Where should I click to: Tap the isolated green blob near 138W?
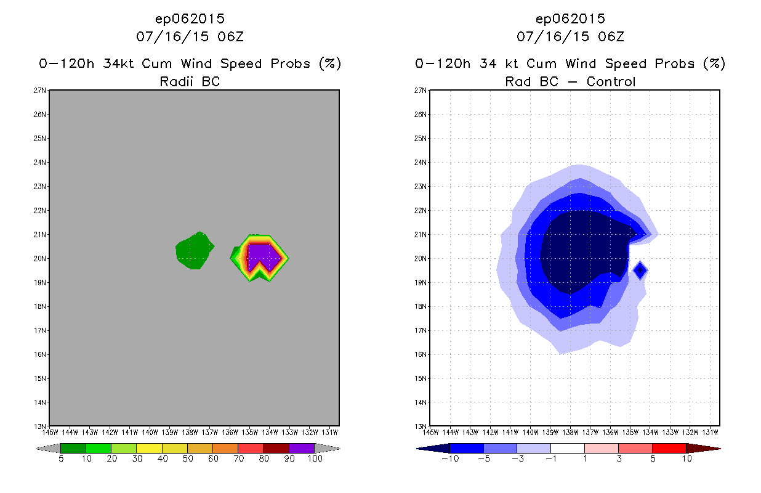point(193,250)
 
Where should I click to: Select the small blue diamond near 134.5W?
point(640,269)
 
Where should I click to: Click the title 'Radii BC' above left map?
point(190,81)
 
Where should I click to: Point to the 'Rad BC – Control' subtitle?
point(570,81)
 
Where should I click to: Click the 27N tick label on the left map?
point(41,91)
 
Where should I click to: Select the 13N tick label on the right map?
point(421,426)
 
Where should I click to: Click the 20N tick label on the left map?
point(41,259)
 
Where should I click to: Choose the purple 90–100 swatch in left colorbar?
point(302,449)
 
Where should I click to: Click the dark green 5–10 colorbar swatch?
point(73,449)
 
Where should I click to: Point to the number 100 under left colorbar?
point(315,459)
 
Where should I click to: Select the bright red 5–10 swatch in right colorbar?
point(669,448)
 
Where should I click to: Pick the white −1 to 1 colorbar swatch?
point(567,448)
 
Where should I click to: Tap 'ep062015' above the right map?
point(570,18)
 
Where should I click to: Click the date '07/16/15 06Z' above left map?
point(190,36)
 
